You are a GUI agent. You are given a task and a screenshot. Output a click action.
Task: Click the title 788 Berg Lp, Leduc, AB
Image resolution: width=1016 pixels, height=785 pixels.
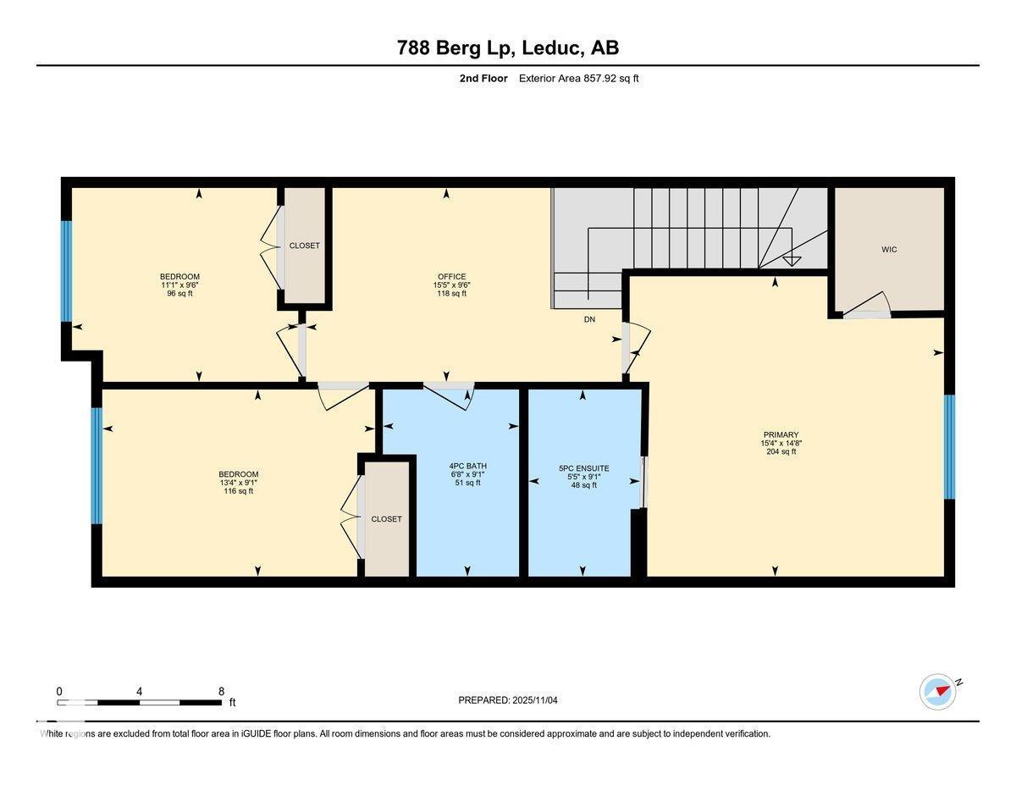coord(508,47)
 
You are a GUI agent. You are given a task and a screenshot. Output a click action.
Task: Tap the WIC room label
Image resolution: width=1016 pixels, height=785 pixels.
coord(888,249)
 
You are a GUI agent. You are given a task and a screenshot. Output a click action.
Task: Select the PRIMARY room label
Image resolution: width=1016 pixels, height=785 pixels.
coord(780,434)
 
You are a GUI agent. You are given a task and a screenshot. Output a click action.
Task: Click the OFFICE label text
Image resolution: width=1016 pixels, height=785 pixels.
coord(452,277)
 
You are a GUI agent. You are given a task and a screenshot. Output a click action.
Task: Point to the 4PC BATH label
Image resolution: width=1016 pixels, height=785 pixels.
coord(467,466)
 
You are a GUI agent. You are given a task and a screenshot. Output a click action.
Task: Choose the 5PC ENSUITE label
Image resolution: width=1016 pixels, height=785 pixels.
coord(583,468)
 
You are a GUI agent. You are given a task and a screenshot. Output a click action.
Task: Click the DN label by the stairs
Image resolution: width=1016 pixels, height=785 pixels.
coord(589,320)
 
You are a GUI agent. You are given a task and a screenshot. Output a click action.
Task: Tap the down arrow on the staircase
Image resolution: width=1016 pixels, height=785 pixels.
coord(792,259)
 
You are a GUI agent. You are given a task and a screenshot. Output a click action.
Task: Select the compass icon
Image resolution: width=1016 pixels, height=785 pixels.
coord(938,691)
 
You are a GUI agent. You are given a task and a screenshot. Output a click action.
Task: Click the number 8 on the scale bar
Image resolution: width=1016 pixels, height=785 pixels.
coord(221,691)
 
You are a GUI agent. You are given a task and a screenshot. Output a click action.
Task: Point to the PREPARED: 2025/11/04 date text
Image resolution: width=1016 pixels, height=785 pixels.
coord(508,700)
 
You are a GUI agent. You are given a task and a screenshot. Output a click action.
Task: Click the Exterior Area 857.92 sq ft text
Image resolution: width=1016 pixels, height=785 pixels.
coord(578,79)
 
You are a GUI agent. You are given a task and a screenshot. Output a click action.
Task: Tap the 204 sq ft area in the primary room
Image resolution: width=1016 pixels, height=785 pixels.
coord(780,451)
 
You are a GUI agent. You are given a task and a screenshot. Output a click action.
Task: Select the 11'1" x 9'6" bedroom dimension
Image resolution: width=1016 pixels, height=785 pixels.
coord(179,285)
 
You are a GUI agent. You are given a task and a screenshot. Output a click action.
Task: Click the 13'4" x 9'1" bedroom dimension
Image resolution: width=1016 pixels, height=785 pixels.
coord(238,483)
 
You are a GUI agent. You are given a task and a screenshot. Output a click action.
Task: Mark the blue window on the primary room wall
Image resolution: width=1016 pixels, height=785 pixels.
coord(949,446)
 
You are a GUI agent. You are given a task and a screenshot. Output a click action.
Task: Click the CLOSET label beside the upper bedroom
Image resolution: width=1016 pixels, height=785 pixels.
coord(305,246)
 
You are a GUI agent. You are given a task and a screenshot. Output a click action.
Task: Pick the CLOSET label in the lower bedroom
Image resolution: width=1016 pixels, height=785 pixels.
coord(386,519)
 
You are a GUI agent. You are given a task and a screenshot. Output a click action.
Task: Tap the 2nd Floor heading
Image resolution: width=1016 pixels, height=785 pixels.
coord(478,79)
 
